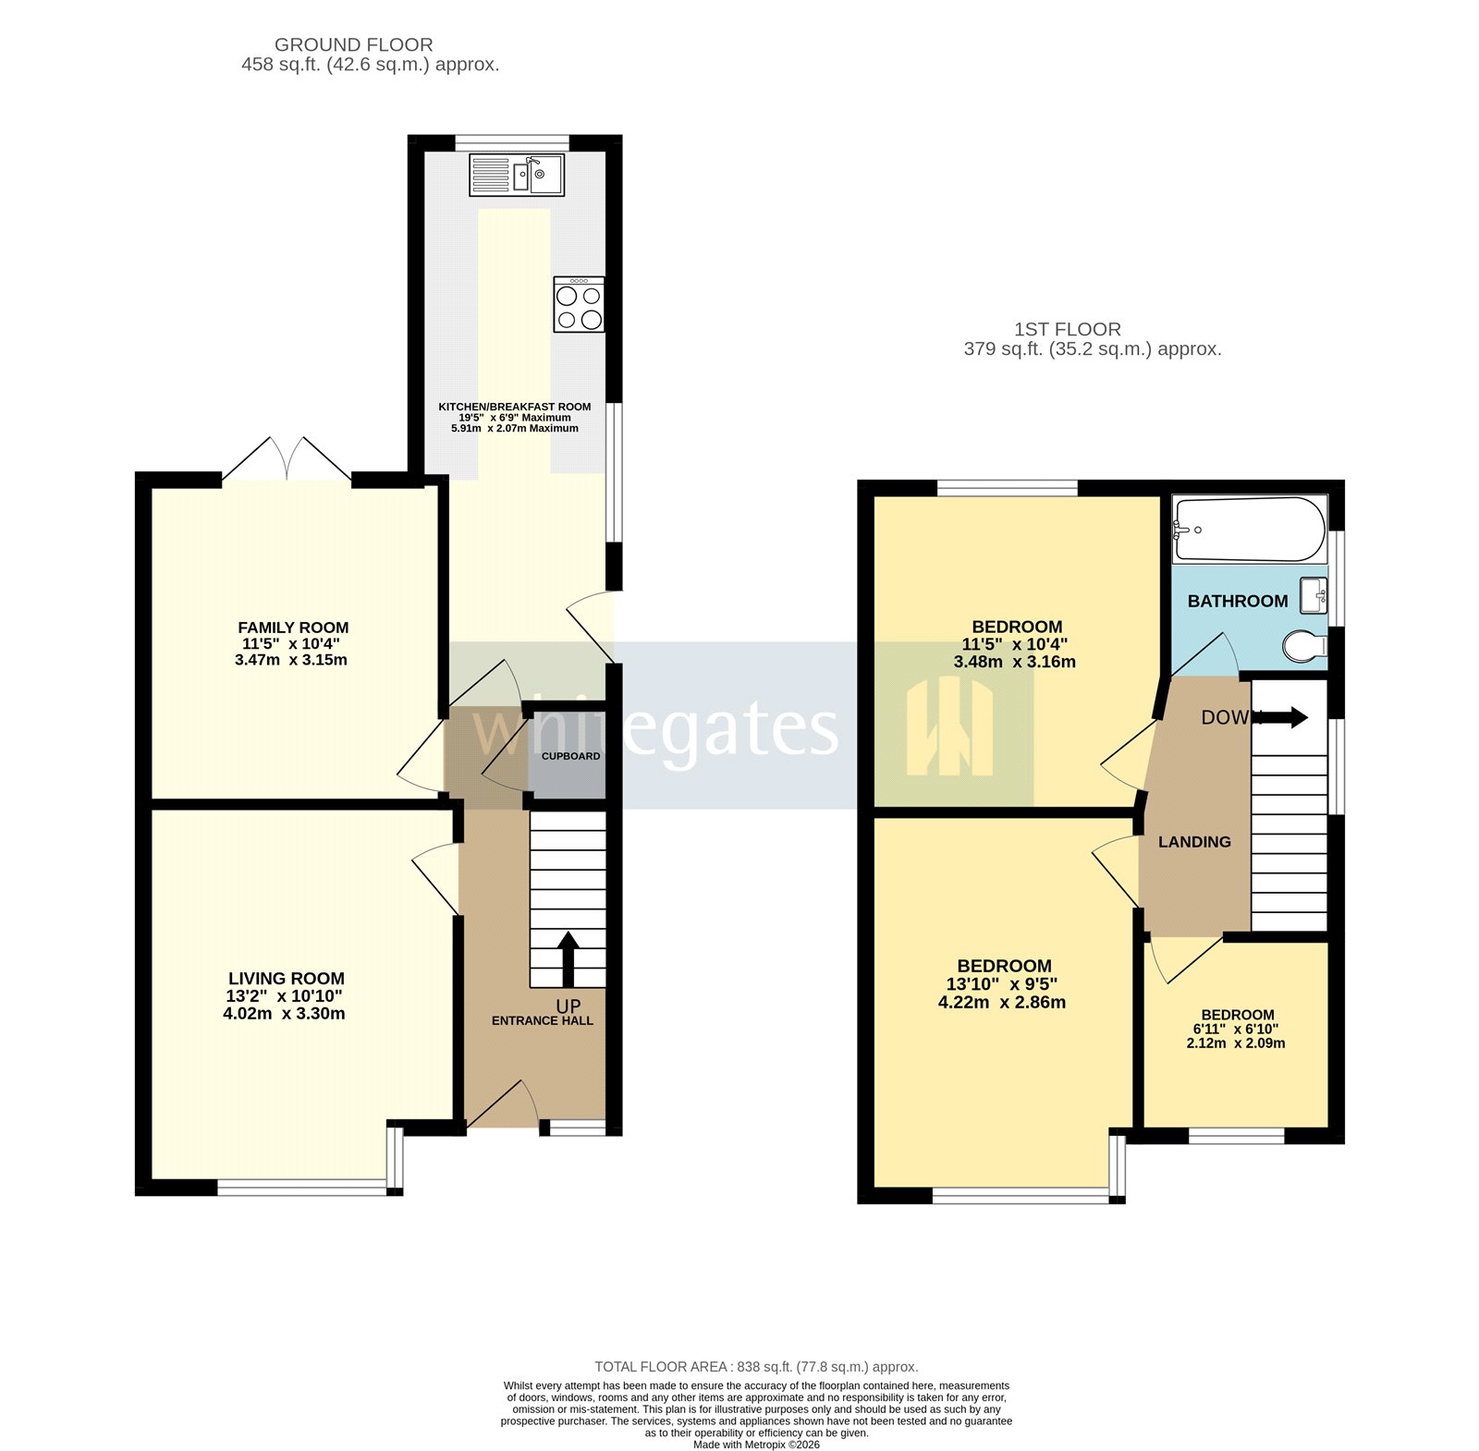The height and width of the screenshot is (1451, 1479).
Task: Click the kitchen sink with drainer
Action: (516, 176)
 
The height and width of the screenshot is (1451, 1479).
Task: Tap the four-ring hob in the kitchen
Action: (579, 305)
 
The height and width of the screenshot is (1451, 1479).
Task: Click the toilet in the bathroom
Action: (1303, 646)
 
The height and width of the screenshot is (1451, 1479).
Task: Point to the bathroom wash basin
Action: (1314, 594)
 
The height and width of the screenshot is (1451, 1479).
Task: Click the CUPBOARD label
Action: (570, 756)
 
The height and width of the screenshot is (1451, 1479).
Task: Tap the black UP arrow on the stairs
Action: (568, 958)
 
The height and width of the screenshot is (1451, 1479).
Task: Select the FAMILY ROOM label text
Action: (293, 628)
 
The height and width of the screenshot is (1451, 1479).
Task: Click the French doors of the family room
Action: (287, 459)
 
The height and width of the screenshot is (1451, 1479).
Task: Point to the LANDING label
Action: (1194, 842)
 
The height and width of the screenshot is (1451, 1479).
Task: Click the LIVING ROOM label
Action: (287, 979)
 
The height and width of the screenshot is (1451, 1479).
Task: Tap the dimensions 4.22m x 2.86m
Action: (1001, 1003)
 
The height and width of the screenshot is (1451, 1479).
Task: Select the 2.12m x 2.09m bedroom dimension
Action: (1236, 1043)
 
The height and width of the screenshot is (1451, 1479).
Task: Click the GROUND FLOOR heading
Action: (353, 44)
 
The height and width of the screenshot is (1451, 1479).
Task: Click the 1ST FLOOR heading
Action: (1067, 329)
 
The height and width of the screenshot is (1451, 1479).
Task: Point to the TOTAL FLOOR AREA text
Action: (756, 1367)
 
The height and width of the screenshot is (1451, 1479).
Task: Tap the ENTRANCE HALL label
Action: (543, 1021)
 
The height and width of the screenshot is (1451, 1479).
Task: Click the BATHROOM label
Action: (1237, 602)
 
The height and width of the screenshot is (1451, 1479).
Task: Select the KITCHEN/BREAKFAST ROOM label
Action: (514, 407)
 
